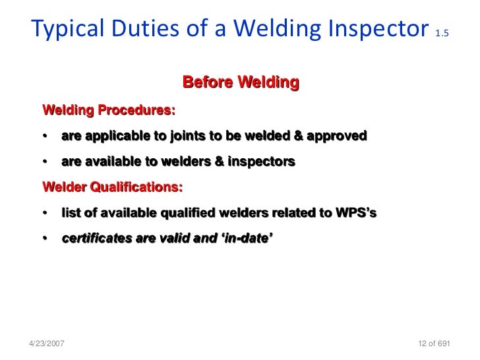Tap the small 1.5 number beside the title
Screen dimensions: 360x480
(x=442, y=32)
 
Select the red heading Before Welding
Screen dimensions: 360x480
(x=241, y=83)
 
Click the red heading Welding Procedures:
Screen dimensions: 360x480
(x=109, y=110)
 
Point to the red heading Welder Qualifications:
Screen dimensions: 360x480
(x=113, y=187)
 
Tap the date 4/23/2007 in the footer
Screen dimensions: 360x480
(x=48, y=344)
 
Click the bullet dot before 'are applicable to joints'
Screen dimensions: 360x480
(x=44, y=137)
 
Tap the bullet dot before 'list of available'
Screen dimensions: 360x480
(x=44, y=214)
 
